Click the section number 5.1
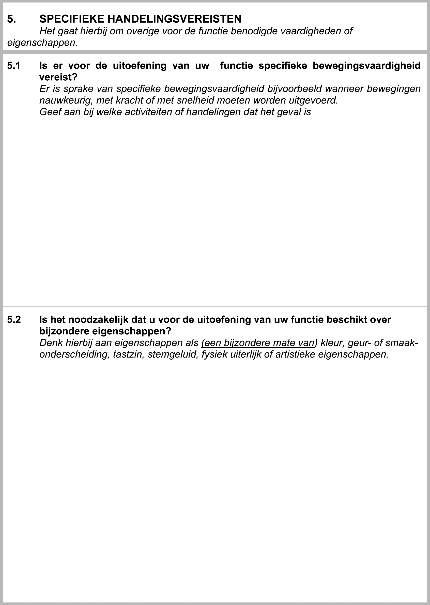pos(14,66)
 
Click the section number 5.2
pos(14,320)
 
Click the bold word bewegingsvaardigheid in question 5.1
pos(366,66)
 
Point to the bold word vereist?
pos(58,77)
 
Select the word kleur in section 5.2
pos(332,343)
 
